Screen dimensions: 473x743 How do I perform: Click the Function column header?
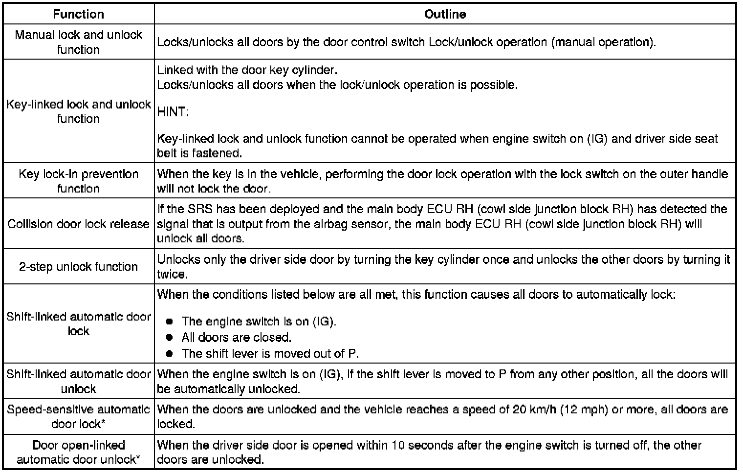click(78, 14)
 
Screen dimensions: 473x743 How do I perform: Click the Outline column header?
click(445, 14)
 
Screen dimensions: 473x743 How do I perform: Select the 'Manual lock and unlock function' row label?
click(78, 42)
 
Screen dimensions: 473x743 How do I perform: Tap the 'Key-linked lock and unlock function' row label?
click(78, 111)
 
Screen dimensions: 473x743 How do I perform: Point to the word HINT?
click(173, 112)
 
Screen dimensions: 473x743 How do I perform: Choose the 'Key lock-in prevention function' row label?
click(78, 181)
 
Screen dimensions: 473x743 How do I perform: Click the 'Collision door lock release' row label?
click(78, 224)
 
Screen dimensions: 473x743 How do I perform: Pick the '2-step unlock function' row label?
click(78, 267)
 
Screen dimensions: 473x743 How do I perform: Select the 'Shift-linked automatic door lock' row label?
click(78, 323)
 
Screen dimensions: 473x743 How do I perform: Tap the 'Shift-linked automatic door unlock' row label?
click(78, 381)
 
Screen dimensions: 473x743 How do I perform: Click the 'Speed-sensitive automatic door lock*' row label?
click(78, 416)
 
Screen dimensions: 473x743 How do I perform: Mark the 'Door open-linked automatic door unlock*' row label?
click(78, 452)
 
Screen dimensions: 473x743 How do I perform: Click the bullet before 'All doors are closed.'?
click(170, 338)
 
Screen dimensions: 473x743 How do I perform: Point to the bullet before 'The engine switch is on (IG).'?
click(170, 322)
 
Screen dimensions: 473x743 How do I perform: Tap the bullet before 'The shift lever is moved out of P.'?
click(170, 354)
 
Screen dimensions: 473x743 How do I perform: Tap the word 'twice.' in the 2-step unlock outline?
click(172, 274)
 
